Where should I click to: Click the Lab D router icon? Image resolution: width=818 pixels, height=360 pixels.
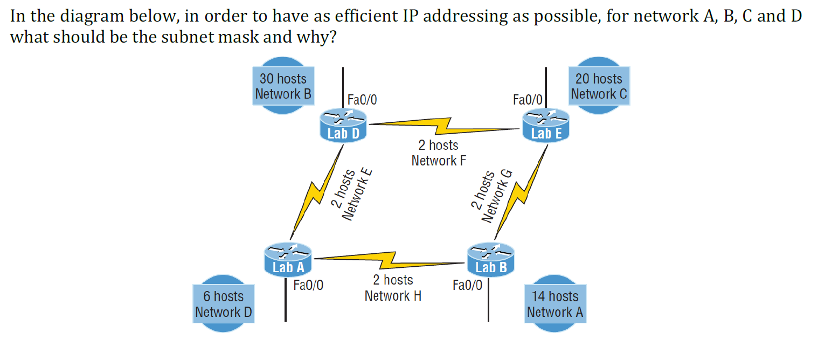point(343,125)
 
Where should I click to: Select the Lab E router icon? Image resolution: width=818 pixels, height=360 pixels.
point(546,125)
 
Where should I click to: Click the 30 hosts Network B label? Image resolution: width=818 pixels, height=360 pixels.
point(283,86)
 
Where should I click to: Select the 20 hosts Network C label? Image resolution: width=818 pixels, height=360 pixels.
point(599,86)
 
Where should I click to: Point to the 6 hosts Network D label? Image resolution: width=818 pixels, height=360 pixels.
point(223,304)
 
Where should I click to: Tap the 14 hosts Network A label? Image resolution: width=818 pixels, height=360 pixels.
point(554,304)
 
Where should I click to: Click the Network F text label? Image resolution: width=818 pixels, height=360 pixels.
point(438,161)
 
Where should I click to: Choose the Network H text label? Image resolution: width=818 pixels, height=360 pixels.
point(393,296)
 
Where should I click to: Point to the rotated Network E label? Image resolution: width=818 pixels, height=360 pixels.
point(358,194)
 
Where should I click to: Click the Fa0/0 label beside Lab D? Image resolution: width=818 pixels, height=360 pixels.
point(362,100)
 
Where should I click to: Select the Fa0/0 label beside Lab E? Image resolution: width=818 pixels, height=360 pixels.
point(528,100)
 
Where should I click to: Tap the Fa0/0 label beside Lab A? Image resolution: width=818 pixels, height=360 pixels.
point(308,285)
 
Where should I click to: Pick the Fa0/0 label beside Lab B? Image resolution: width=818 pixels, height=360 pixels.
point(467,285)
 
